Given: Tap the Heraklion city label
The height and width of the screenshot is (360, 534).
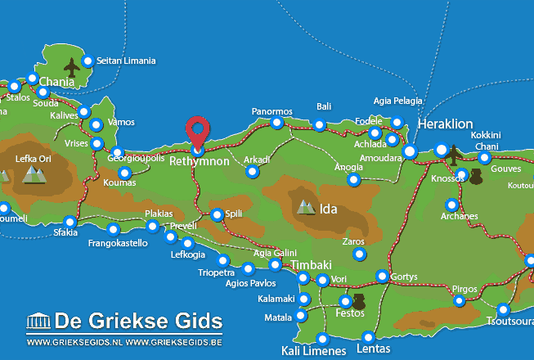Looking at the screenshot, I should point(445,124).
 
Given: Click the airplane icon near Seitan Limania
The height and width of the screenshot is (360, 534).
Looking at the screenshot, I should point(72,66).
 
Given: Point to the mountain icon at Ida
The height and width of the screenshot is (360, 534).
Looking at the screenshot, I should point(307,207).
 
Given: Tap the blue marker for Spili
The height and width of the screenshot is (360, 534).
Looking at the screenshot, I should point(217,215).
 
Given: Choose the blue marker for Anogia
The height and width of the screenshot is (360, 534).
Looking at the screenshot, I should point(353,179).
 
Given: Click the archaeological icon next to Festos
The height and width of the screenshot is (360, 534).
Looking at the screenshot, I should point(358,303).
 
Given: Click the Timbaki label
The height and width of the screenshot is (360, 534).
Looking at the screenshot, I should point(314,265).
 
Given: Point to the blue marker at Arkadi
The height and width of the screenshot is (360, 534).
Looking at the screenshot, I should point(252,172).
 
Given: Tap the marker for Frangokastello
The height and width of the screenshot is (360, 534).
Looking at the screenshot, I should point(113,229).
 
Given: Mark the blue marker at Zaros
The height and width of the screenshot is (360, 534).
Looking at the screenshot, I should point(359,254).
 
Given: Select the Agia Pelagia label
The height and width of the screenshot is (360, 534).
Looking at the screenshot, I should point(398,101).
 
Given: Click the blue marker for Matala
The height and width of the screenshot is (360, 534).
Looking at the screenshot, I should point(302,316).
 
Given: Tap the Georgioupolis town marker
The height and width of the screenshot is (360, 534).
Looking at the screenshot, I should point(117,152).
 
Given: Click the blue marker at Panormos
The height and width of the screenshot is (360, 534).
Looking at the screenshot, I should point(277,123).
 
